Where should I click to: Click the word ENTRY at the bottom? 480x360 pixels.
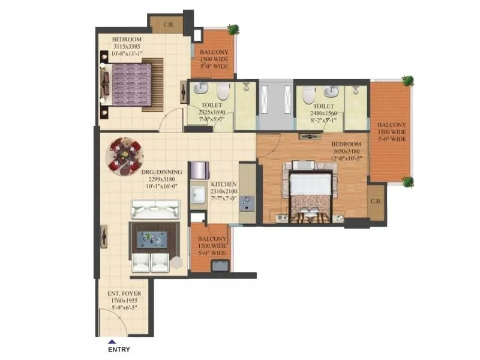(118, 349)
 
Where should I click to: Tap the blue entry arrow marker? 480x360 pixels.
(111, 341)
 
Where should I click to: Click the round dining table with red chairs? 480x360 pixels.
(124, 157)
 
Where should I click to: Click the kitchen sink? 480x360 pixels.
(197, 195)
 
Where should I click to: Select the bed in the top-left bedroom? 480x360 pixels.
(134, 85)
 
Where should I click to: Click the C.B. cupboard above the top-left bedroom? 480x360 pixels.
(166, 25)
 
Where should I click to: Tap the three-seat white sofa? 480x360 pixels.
(155, 210)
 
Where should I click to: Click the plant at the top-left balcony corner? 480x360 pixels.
(233, 29)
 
